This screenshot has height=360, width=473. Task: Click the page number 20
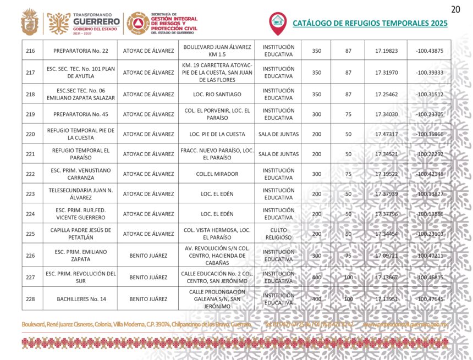[455, 9]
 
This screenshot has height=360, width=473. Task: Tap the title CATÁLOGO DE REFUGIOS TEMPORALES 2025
[370, 23]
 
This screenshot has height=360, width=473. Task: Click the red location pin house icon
[278, 22]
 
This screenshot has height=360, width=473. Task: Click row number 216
[31, 51]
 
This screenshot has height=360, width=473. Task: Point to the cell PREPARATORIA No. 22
[80, 51]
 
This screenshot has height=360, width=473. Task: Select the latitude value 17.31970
[386, 73]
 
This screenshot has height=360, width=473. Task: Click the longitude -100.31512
[430, 95]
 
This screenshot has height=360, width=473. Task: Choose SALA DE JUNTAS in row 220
[278, 134]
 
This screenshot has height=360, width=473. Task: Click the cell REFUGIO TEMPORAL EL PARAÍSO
[80, 154]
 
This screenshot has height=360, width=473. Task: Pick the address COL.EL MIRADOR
[217, 174]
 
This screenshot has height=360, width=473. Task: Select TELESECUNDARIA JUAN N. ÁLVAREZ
[80, 194]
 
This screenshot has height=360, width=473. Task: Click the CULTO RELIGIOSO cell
[278, 234]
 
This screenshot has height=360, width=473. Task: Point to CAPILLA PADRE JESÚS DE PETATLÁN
[80, 234]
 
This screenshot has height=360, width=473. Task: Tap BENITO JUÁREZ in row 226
[148, 256]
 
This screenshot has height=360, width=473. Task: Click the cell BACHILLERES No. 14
[80, 299]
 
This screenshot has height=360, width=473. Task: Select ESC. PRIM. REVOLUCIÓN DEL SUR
[80, 277]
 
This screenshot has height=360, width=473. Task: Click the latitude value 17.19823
[386, 51]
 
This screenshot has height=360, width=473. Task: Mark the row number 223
[31, 194]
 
